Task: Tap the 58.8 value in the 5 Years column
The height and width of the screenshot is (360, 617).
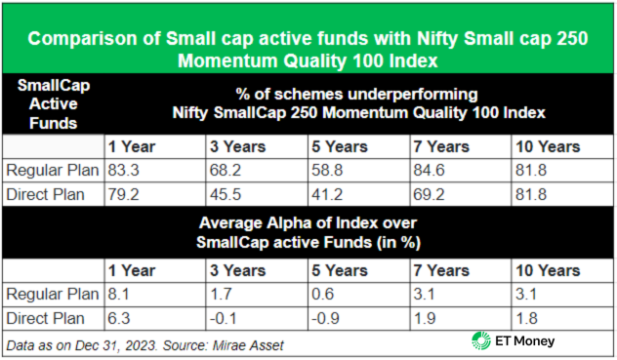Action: coord(325,169)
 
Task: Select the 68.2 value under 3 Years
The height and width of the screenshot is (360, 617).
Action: coord(224,169)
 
